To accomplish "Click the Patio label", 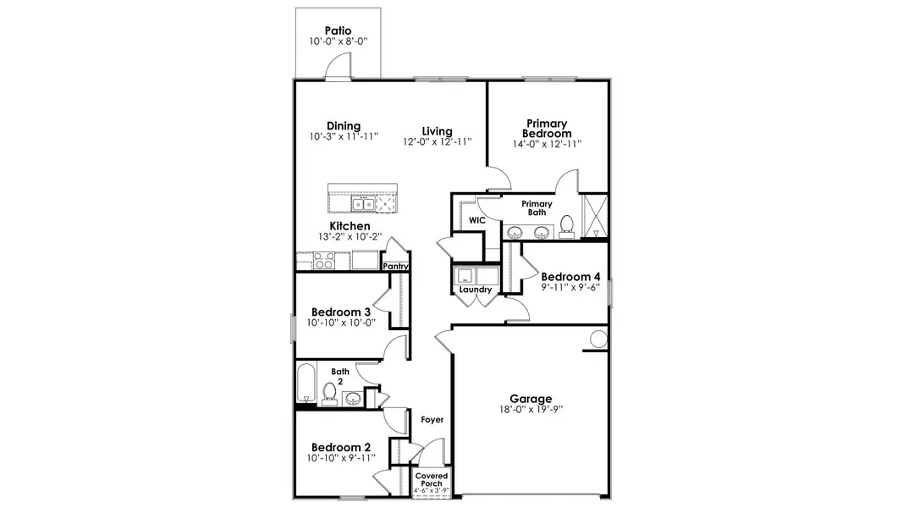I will (x=338, y=30).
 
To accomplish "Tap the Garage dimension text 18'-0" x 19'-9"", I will (x=531, y=410).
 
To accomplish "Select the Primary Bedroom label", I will (x=547, y=129).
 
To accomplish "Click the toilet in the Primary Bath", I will (x=567, y=225).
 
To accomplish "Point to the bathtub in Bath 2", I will (x=306, y=384).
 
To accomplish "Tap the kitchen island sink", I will (x=365, y=204).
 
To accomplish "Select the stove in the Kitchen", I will (x=322, y=261).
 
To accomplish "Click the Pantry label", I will (x=395, y=267).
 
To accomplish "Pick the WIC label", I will (x=476, y=220).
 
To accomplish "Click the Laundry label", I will (x=476, y=290).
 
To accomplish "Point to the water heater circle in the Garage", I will (x=598, y=340).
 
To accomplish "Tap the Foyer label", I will (x=432, y=420).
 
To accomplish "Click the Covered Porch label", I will (x=432, y=480).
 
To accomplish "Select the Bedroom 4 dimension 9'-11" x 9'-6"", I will (x=570, y=287).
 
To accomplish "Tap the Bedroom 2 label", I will (x=341, y=448).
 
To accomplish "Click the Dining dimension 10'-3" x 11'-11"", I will (x=344, y=136).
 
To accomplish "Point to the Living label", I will (x=438, y=130).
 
